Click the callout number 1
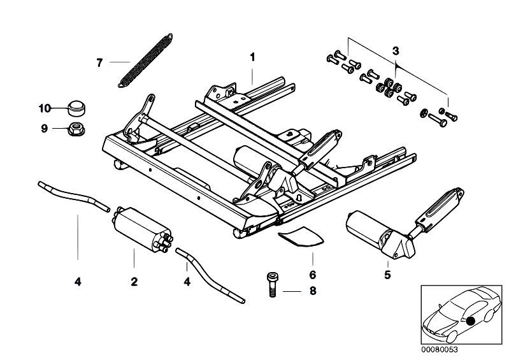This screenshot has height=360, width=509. (252, 57)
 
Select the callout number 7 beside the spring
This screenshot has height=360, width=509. (99, 62)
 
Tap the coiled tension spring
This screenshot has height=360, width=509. (145, 61)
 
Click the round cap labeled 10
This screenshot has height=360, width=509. (77, 108)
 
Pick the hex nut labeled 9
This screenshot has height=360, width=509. (76, 128)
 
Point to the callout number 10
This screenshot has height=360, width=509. (45, 108)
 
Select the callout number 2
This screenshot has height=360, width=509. (134, 282)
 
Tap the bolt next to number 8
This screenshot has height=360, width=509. (272, 285)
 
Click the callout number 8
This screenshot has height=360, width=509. (313, 291)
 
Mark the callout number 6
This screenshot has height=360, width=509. (312, 275)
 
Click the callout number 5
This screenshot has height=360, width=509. (387, 275)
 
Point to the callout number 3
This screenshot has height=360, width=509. (396, 51)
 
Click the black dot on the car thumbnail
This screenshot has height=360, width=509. (470, 321)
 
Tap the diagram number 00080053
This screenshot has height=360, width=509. (439, 350)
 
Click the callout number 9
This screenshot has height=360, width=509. (45, 129)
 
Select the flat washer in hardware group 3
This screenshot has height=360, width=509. (423, 113)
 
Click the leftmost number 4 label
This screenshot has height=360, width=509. (78, 282)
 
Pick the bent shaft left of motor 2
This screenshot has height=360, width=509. (74, 196)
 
